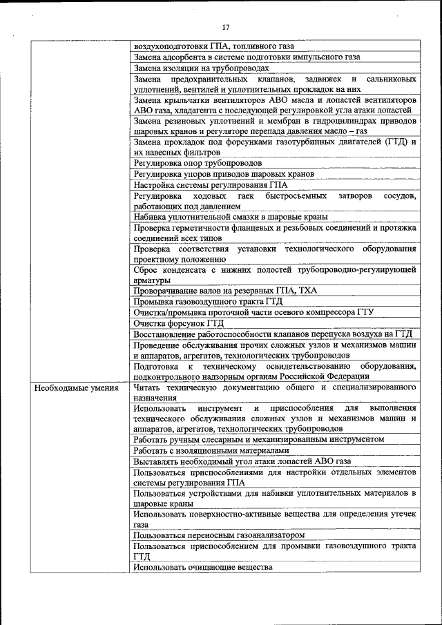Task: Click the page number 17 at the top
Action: click(x=225, y=28)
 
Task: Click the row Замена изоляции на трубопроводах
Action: click(x=201, y=68)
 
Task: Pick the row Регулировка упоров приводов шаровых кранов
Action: click(x=224, y=174)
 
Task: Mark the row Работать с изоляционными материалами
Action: click(x=207, y=450)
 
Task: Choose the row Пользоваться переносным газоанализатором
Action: click(x=220, y=535)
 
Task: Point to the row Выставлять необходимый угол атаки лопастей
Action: click(x=243, y=461)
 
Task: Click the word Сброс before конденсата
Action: click(x=148, y=269)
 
